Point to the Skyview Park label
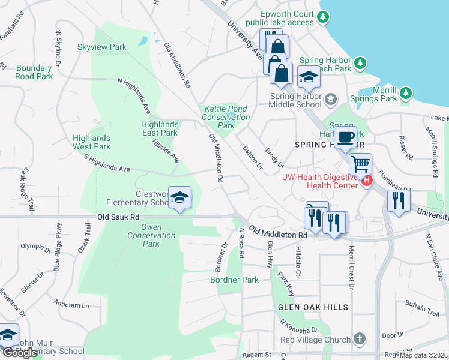101,47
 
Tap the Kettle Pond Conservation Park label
226,117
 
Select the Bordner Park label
234,280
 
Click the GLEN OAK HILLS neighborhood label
313,307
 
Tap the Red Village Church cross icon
360,339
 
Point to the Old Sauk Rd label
118,217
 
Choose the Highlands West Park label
92,142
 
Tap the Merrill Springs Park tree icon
406,92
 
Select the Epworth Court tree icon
325,17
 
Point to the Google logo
20,353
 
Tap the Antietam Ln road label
71,304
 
